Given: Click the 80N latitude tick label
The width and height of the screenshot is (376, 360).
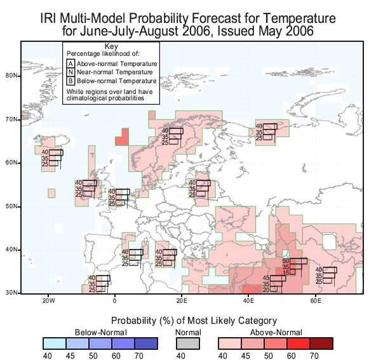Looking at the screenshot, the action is point(11,76).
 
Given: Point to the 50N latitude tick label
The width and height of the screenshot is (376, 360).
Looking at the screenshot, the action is point(11,206).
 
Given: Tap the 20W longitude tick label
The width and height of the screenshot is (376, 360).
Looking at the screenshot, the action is point(49,300).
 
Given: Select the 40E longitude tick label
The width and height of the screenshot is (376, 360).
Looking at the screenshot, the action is point(248,300).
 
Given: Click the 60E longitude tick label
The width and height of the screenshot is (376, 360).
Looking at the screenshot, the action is point(316,300).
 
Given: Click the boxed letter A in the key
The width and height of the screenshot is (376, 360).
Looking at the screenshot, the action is point(70,63).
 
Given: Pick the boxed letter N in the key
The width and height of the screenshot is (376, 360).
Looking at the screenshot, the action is point(70,72).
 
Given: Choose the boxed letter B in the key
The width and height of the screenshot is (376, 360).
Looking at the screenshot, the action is point(70,81).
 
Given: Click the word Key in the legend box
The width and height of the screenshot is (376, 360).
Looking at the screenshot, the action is point(111,46).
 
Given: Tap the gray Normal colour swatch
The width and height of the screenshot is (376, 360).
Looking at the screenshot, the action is point(188,343).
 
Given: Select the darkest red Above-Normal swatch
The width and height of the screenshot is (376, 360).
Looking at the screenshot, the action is point(321,343).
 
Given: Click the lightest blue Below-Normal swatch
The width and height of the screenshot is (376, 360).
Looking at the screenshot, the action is point(55,343).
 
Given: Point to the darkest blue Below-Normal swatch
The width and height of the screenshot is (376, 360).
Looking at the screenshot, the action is point(146,343).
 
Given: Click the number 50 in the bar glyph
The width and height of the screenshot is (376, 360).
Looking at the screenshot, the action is point(286,261).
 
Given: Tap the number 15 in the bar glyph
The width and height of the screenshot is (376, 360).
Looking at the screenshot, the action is point(286,273).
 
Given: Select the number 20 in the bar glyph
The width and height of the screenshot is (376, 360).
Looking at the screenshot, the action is point(266,290).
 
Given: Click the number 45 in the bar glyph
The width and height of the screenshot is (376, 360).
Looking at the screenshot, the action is point(266,278).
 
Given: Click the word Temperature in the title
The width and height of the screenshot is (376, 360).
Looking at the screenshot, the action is point(299,18).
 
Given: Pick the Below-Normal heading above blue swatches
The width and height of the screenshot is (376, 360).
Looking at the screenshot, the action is point(101,333).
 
